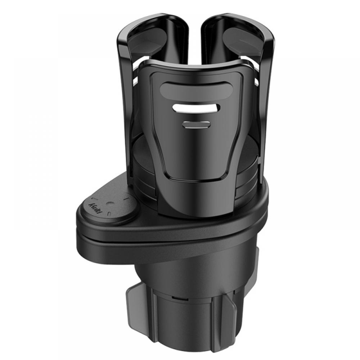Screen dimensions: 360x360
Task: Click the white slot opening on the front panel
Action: [196, 108]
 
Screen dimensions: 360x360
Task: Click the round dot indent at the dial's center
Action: [110, 203]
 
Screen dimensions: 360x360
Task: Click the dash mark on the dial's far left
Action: [94, 199]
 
